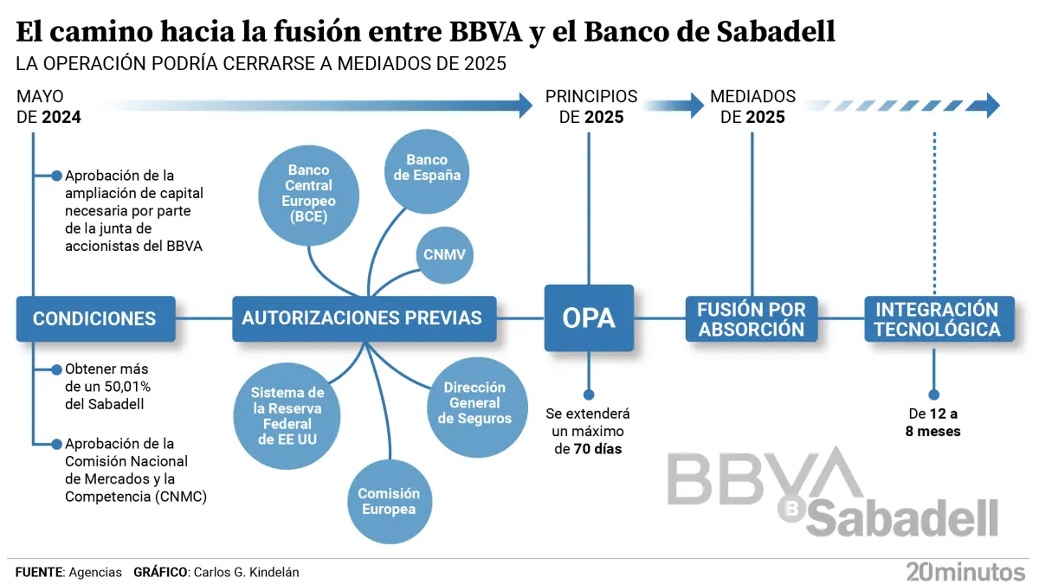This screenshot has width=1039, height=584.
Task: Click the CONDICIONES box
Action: pyautogui.click(x=95, y=319)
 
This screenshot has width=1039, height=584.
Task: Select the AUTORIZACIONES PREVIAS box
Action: pyautogui.click(x=365, y=319)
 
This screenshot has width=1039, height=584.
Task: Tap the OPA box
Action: pyautogui.click(x=589, y=318)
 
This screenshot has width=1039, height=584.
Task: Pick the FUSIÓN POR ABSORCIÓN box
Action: pyautogui.click(x=752, y=319)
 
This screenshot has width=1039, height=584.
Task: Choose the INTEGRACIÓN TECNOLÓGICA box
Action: pyautogui.click(x=939, y=319)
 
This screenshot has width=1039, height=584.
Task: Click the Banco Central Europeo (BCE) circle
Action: pyautogui.click(x=308, y=196)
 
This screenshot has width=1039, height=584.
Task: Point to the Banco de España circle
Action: pyautogui.click(x=427, y=171)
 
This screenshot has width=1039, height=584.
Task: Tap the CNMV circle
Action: pyautogui.click(x=444, y=255)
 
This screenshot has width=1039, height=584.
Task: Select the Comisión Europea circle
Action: pyautogui.click(x=390, y=502)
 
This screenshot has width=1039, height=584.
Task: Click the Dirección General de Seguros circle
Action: pyautogui.click(x=477, y=408)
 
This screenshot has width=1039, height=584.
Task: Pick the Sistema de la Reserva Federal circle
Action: pyautogui.click(x=287, y=416)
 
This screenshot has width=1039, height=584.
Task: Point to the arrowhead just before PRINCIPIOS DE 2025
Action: pyautogui.click(x=526, y=106)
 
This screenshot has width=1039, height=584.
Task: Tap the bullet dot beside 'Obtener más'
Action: pyautogui.click(x=56, y=370)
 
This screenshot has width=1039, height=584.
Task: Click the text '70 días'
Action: pyautogui.click(x=597, y=449)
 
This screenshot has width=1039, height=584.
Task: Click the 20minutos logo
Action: pyautogui.click(x=965, y=572)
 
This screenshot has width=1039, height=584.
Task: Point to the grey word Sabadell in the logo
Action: pyautogui.click(x=902, y=518)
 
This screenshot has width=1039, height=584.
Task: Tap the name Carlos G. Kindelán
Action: pyautogui.click(x=246, y=573)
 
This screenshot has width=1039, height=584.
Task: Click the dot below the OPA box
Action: pyautogui.click(x=589, y=395)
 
